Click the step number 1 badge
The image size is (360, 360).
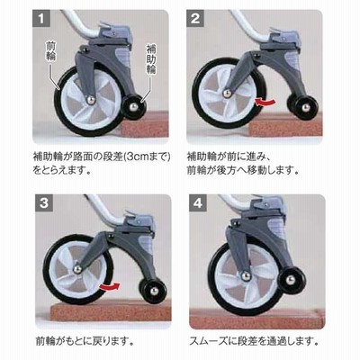40,19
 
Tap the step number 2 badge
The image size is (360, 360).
195,19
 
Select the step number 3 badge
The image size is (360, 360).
44,203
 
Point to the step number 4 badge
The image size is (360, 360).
198,203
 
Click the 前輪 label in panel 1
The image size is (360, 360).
50,51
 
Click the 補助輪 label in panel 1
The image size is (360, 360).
151,59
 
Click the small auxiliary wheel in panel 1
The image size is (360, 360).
133,107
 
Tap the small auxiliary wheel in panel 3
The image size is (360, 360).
153,291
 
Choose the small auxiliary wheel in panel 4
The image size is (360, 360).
291,281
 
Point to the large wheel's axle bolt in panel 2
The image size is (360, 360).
227,94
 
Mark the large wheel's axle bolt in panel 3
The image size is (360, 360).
77,269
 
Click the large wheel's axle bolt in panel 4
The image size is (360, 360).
246,275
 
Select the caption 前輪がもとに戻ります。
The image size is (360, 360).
85,341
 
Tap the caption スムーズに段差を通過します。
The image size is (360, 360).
254,341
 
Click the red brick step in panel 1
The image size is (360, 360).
144,124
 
